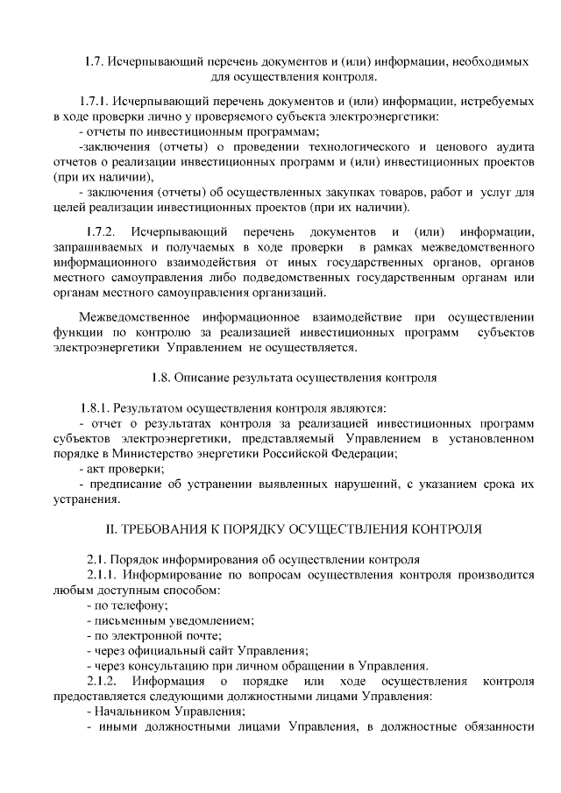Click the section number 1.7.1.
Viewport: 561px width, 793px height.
(94, 101)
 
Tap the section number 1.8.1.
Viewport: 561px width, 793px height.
(95, 407)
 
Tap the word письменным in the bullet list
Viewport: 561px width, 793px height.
(127, 620)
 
